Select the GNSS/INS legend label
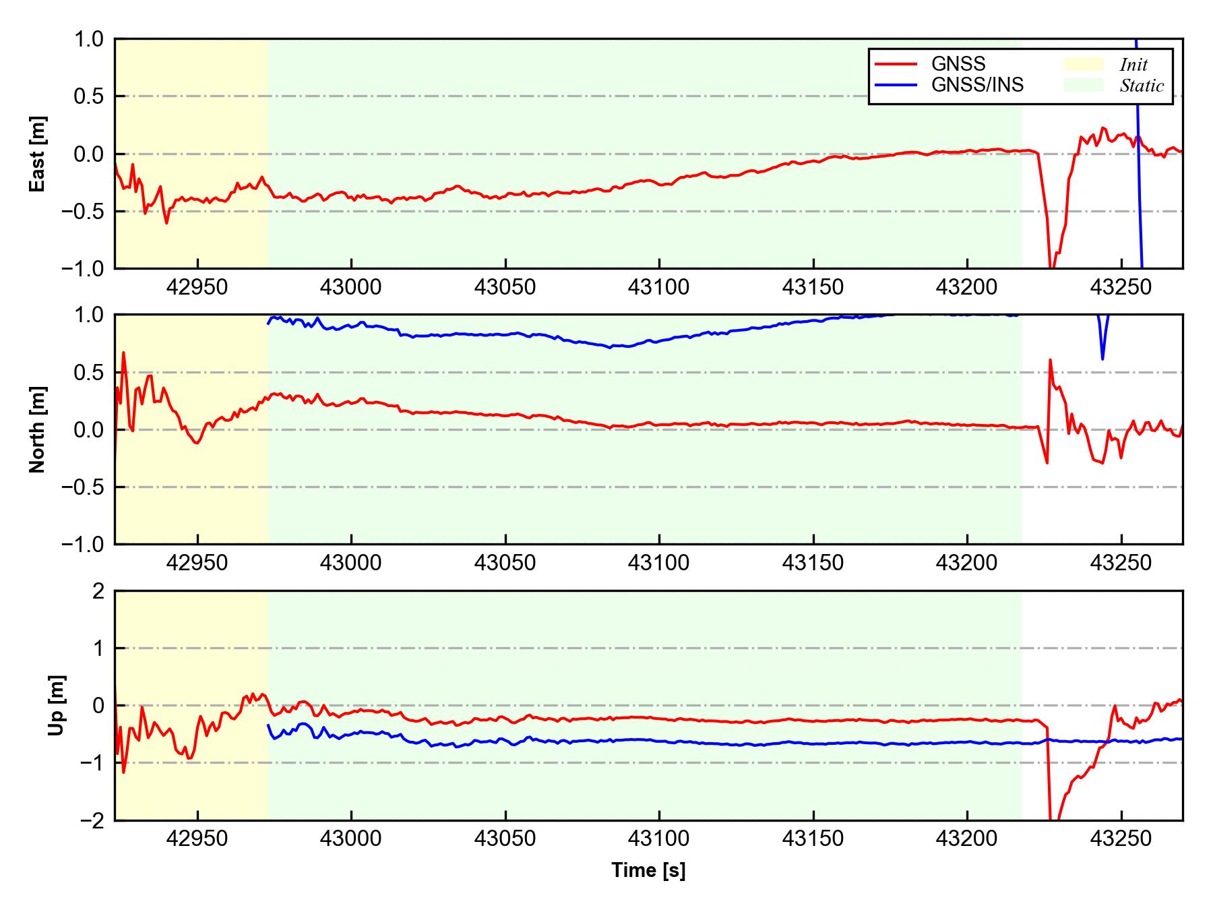(977, 85)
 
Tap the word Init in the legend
(1133, 65)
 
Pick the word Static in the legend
(1142, 86)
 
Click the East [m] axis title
(38, 154)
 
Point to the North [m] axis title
(38, 429)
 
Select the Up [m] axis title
(57, 705)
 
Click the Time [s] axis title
(648, 870)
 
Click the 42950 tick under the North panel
(197, 563)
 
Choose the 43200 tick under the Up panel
(967, 839)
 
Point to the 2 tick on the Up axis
(98, 591)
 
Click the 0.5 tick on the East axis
(89, 96)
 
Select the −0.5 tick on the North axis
(84, 487)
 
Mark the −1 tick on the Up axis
(93, 763)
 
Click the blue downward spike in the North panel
(1102, 357)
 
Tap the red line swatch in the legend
(896, 64)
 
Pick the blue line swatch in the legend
(896, 85)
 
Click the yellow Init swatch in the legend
(1084, 64)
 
